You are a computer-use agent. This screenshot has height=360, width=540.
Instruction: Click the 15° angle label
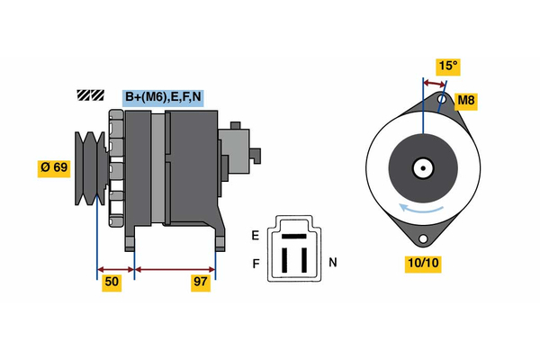pos(447,66)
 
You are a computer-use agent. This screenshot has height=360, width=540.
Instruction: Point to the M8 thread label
pos(466,100)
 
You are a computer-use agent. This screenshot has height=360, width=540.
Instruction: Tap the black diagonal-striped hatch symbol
pos(92,94)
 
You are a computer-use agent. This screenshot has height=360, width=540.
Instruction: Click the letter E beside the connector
pos(256,235)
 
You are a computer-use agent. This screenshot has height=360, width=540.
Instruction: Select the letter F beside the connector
pos(256,264)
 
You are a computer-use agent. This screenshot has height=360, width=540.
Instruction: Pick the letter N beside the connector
pos(332,262)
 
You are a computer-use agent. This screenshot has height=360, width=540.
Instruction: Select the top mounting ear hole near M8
pos(443,98)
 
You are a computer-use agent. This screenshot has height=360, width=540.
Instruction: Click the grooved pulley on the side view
pos(90,166)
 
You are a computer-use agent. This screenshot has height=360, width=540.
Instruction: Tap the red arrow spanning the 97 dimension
pos(175,268)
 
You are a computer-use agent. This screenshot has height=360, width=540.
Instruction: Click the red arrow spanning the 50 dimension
pos(115,268)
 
